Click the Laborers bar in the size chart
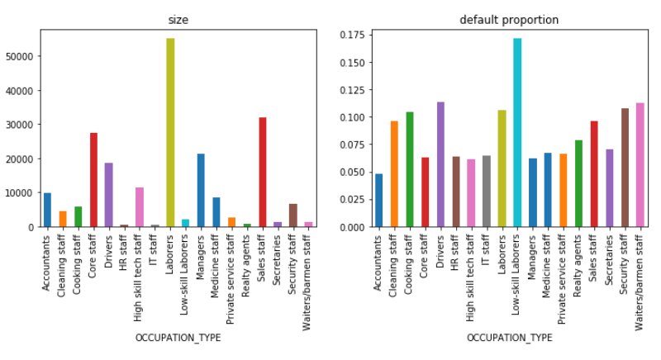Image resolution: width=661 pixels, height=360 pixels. [x=170, y=132]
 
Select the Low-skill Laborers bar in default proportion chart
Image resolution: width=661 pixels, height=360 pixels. [x=517, y=132]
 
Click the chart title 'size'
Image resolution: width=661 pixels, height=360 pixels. [x=178, y=20]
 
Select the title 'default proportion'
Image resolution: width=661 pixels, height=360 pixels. [x=508, y=20]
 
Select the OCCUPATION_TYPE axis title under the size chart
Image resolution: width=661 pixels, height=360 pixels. [x=178, y=338]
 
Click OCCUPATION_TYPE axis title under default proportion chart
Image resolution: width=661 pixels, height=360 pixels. [x=509, y=338]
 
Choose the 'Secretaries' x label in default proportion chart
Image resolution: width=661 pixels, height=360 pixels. [x=610, y=261]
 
